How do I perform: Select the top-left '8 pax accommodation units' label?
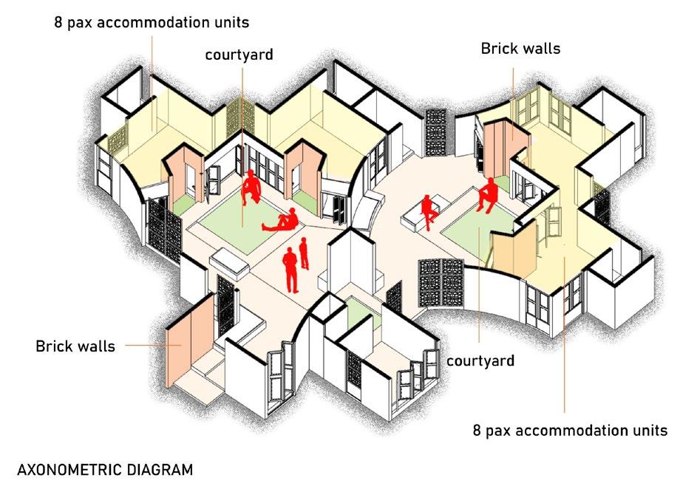click(151, 22)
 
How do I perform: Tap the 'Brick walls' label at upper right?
click(520, 49)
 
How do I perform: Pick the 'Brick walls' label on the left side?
click(75, 346)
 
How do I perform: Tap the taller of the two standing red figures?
click(290, 269)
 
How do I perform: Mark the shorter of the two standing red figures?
click(304, 254)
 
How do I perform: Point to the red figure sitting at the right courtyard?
click(487, 196)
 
